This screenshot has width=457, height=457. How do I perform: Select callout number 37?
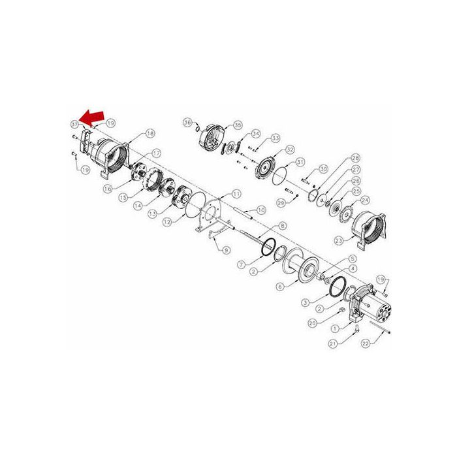(74, 123)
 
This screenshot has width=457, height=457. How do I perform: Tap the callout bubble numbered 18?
(150, 133)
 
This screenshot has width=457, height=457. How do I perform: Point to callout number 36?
(187, 122)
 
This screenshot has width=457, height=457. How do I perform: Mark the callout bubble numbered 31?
(300, 162)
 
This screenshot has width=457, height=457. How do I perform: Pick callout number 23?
(356, 240)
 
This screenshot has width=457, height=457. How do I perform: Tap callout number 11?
(236, 194)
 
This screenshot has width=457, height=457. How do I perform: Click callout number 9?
(227, 249)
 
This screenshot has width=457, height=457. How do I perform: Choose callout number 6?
(280, 285)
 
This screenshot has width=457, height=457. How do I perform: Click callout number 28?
(356, 159)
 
